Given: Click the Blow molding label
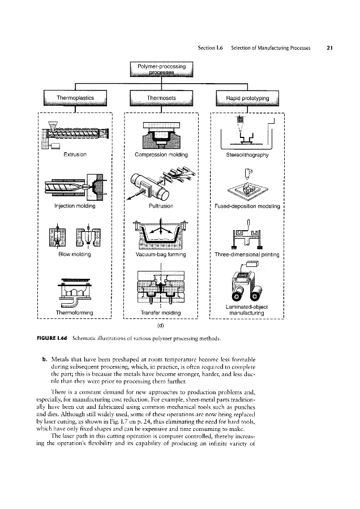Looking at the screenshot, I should pos(75,255).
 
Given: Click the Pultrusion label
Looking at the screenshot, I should pos(162,206).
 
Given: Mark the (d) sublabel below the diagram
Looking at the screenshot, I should pos(162,326).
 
